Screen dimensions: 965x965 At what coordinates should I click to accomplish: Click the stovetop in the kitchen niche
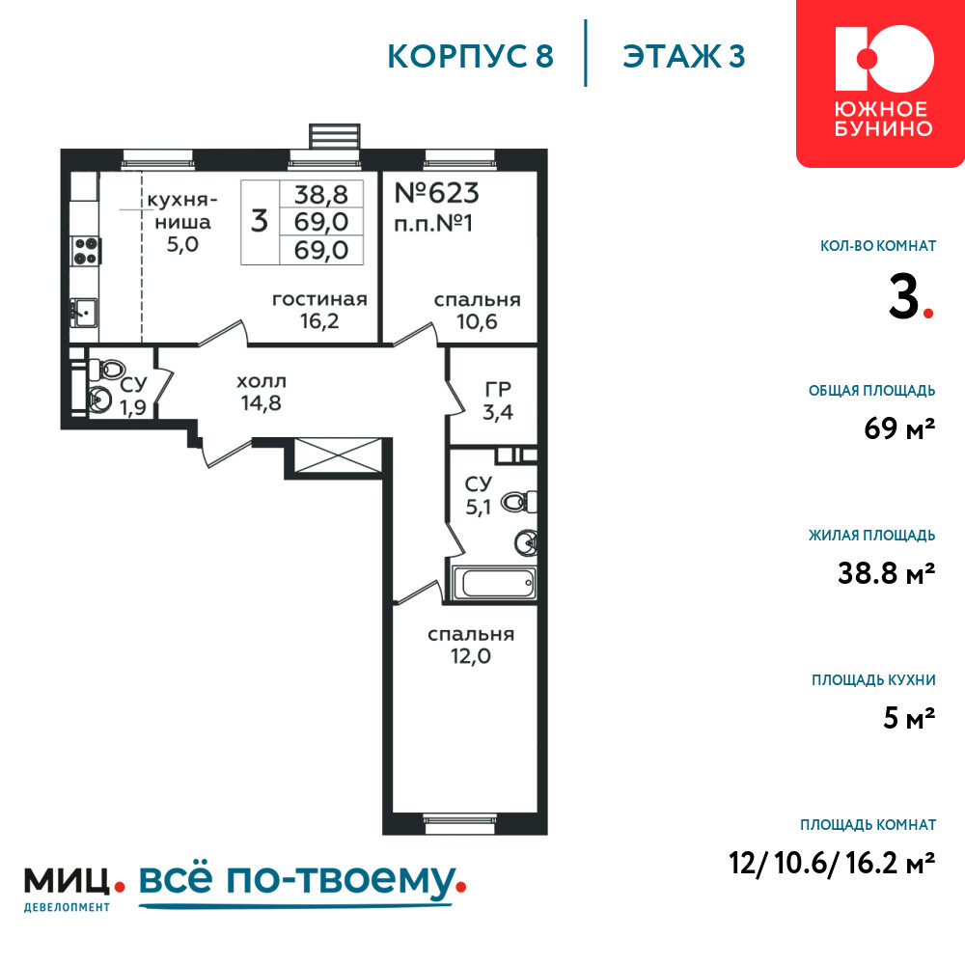tap(86, 251)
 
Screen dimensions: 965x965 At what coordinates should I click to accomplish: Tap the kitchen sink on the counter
tap(85, 312)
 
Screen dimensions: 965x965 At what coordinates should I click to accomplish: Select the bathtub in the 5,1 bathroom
tap(494, 582)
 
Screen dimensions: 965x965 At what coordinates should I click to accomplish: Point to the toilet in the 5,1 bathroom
tap(518, 502)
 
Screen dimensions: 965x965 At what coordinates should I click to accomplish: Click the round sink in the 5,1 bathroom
tap(526, 542)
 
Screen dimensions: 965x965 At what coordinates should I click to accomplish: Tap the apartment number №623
tap(436, 193)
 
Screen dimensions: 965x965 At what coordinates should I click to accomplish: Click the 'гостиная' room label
tap(319, 300)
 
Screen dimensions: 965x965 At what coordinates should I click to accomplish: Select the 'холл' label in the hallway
tap(262, 381)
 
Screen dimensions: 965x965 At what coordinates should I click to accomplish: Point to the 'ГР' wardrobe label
tap(498, 389)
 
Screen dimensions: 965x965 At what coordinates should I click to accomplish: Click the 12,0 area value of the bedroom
tap(471, 656)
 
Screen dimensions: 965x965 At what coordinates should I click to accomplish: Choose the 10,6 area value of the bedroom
tap(477, 321)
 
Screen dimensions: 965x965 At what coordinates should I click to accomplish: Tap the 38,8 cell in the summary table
tap(320, 195)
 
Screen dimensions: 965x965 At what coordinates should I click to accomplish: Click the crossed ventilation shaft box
tap(338, 455)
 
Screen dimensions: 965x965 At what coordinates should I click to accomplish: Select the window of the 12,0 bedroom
tap(459, 823)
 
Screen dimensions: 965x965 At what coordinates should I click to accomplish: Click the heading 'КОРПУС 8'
tap(471, 56)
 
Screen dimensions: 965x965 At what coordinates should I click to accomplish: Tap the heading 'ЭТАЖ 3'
tap(684, 56)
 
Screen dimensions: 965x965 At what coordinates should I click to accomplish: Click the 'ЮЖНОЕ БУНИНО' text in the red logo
tap(883, 119)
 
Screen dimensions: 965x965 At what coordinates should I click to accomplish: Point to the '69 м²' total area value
tap(899, 428)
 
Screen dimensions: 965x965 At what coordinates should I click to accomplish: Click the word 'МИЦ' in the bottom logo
tap(67, 881)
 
